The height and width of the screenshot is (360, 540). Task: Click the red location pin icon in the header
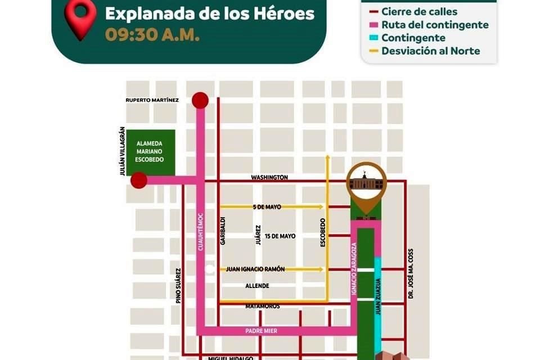click(80, 20)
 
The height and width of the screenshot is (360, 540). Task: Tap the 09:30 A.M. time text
click(152, 34)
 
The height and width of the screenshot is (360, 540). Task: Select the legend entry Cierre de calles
click(419, 11)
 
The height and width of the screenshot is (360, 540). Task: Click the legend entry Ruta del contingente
click(434, 25)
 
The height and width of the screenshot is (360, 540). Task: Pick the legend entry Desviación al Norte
click(430, 51)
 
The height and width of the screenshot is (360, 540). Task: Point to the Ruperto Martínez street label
click(152, 100)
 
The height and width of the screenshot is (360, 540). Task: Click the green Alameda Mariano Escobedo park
click(150, 152)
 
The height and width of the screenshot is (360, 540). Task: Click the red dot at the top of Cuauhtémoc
click(200, 101)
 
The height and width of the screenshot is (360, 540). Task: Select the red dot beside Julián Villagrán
click(139, 181)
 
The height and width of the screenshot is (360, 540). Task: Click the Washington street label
click(269, 177)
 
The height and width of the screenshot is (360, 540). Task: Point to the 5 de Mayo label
click(267, 207)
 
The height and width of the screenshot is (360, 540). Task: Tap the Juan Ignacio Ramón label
click(255, 269)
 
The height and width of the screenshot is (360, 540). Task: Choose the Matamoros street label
click(263, 306)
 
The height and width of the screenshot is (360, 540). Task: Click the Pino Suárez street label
click(178, 286)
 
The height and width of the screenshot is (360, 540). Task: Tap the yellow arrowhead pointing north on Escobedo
click(327, 158)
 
